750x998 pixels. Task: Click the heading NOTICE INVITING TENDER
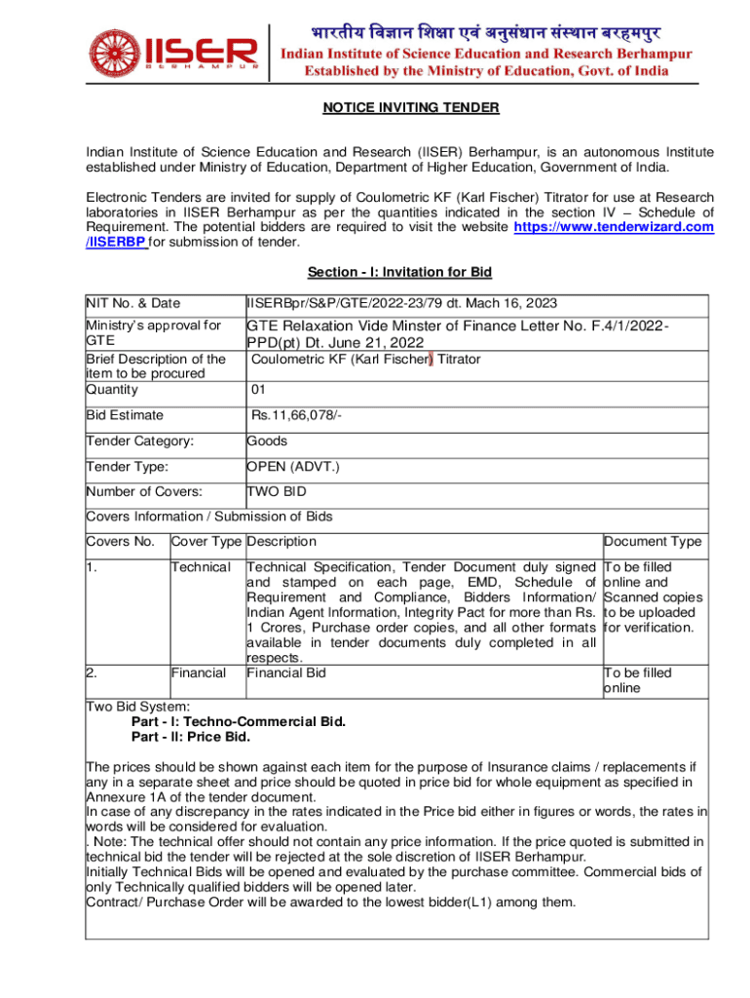(x=410, y=107)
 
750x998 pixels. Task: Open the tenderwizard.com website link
(x=613, y=227)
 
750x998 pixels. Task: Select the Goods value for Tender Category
(x=267, y=441)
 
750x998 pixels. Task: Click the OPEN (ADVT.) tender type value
(x=293, y=467)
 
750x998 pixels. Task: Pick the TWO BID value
(x=277, y=492)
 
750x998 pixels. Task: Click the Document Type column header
(x=652, y=542)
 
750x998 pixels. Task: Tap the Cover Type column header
(x=206, y=542)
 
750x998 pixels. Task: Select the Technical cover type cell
(x=201, y=567)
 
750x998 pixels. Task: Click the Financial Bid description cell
(x=286, y=672)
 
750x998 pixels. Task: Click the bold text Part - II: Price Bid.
(x=190, y=736)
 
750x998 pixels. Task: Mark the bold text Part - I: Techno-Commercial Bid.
(x=238, y=722)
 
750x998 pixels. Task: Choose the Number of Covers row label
(x=144, y=492)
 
